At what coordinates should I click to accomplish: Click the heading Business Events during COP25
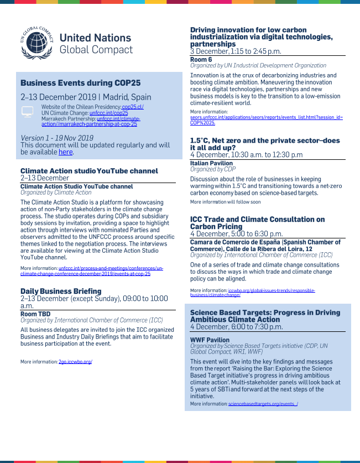click(x=81, y=83)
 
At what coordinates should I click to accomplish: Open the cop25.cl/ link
click(x=133, y=107)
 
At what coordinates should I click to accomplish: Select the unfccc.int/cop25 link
click(x=105, y=112)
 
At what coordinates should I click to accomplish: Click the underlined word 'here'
click(x=65, y=152)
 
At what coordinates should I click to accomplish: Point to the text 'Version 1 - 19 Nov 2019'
click(x=57, y=138)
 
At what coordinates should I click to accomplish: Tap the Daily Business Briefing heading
click(x=61, y=291)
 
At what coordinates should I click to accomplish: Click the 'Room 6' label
click(x=201, y=59)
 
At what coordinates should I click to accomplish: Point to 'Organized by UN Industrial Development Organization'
click(x=258, y=65)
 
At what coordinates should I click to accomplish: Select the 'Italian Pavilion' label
click(x=212, y=163)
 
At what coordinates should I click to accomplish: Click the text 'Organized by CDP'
click(x=213, y=169)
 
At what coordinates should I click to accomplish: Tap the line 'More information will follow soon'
click(x=225, y=202)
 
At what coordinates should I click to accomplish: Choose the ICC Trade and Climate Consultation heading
click(x=257, y=223)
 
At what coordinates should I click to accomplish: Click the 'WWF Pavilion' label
click(x=210, y=340)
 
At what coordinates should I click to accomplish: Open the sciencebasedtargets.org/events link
click(x=263, y=404)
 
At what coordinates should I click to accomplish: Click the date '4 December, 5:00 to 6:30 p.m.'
click(x=236, y=234)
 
